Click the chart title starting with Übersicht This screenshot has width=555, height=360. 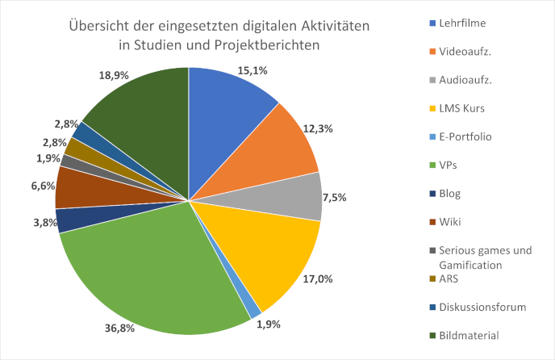click(219, 36)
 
